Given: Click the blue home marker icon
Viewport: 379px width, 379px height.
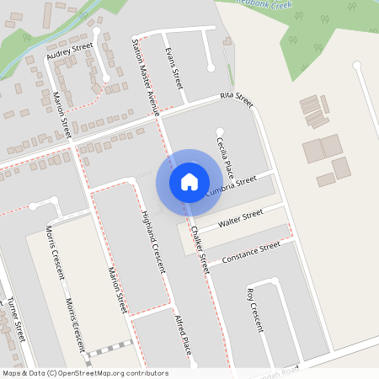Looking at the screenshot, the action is point(189,181).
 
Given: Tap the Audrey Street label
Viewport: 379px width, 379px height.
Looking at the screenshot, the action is point(69,53).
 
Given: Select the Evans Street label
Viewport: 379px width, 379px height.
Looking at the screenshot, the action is point(173,69).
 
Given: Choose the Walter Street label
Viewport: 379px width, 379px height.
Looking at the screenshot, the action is point(241,222).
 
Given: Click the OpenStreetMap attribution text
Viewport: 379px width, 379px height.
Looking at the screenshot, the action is point(85,373).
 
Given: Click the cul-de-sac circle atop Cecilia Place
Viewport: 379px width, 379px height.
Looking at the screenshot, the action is point(219,130).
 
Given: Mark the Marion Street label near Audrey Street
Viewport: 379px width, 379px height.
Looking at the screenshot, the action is point(61,116).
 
